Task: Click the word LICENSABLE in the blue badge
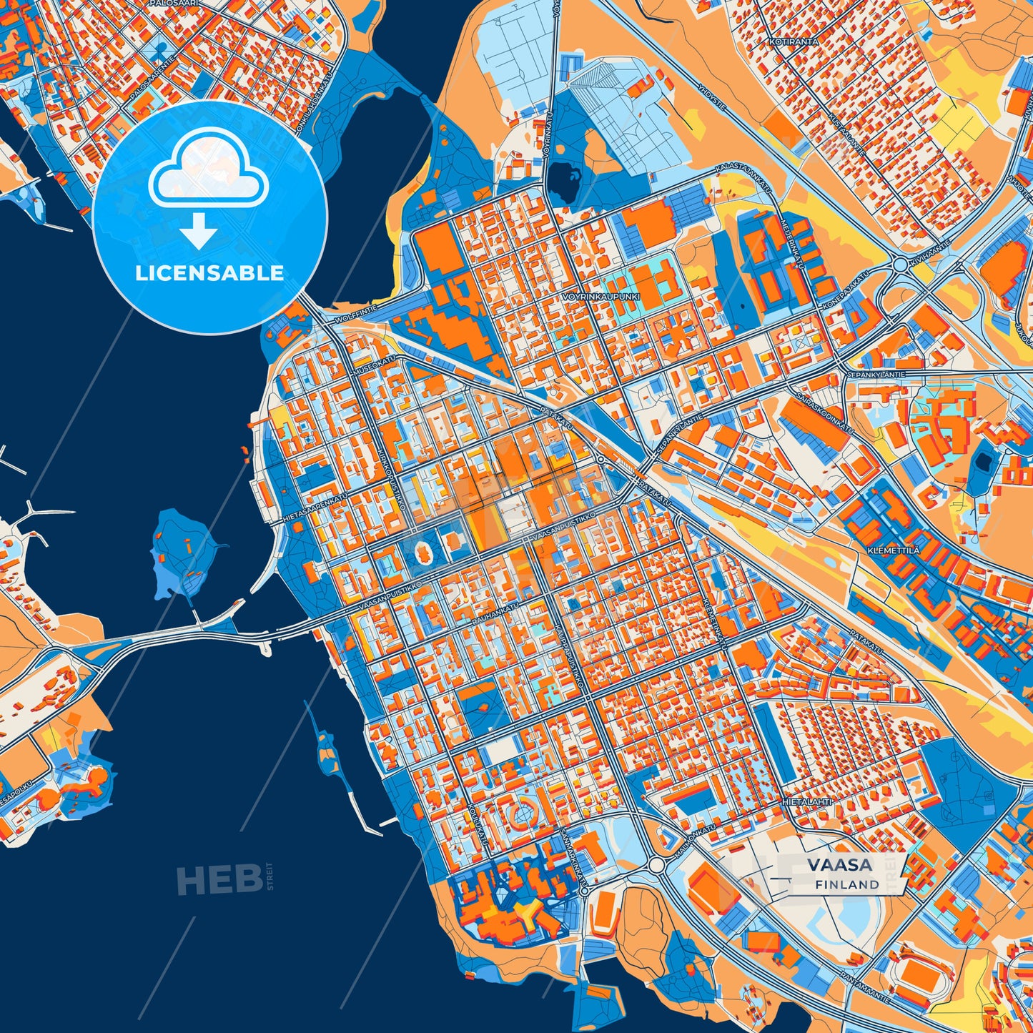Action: click(x=209, y=273)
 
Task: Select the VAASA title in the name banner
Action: click(x=840, y=864)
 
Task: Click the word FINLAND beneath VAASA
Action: click(x=847, y=884)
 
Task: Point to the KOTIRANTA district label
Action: click(x=794, y=42)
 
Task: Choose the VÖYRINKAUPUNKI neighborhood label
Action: click(x=601, y=295)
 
